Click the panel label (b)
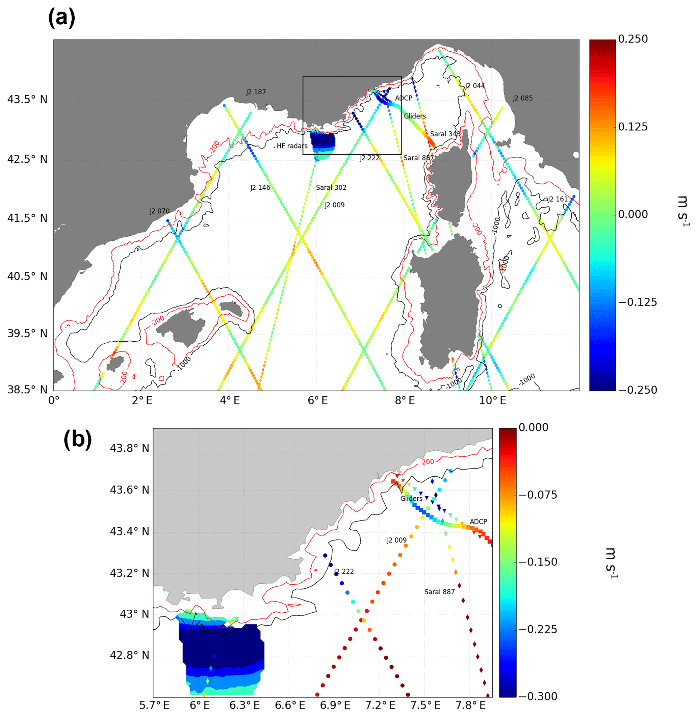(77, 439)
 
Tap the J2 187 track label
(256, 92)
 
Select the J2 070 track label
(159, 211)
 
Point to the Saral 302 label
(331, 188)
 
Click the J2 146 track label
(260, 188)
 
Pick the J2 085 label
(522, 98)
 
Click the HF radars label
(292, 146)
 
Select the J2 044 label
(475, 86)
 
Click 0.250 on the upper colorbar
(633, 39)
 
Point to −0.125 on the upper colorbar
(638, 302)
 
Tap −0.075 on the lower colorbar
(538, 495)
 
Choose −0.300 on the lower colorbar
(538, 696)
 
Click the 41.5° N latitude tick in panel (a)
(27, 218)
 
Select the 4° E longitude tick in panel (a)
(230, 400)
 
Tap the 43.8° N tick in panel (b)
(129, 448)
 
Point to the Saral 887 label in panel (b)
(439, 592)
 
